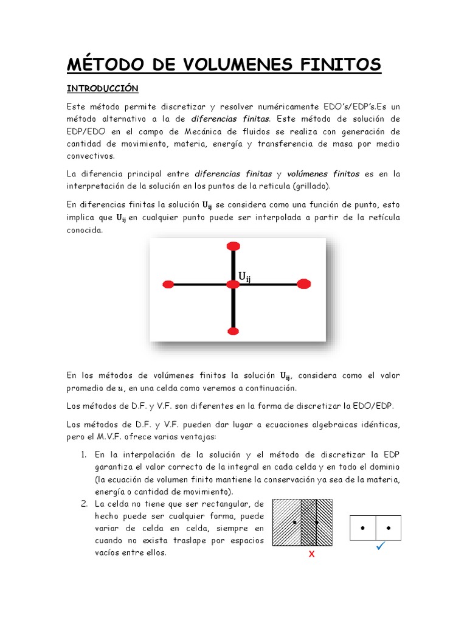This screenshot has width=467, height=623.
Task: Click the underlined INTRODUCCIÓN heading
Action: pos(102,89)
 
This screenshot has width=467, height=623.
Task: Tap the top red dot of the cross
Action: pos(233,246)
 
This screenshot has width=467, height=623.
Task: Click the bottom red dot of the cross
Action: pos(233,331)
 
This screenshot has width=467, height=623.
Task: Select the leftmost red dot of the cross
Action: pos(169,284)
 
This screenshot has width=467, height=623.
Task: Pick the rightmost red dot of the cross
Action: pos(303,284)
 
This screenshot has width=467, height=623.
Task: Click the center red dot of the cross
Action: pos(233,284)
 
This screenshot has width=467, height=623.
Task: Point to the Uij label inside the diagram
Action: pos(244,277)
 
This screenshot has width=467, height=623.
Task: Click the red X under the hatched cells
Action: pos(311,554)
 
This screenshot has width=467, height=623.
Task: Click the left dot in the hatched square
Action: pos(294,522)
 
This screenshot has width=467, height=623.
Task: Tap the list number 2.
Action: pos(84,504)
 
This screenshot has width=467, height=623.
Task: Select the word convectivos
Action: pos(91,156)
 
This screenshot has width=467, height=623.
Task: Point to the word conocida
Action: pos(85,230)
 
